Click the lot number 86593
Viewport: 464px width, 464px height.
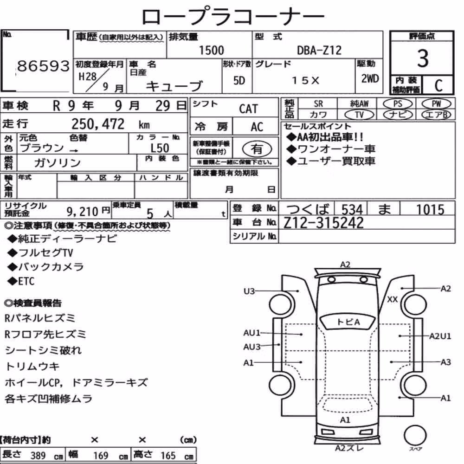[43, 66]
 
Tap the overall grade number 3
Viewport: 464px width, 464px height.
[423, 58]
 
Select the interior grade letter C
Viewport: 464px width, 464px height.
[438, 85]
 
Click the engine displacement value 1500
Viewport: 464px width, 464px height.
[211, 50]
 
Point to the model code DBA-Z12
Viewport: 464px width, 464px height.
[319, 50]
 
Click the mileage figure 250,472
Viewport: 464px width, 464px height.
[98, 124]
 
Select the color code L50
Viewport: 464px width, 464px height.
[160, 148]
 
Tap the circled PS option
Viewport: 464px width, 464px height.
[398, 104]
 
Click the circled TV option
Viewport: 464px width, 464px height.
[359, 115]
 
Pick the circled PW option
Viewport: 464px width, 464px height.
[436, 104]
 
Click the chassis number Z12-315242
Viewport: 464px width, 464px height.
[323, 223]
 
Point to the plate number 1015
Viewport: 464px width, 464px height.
[430, 209]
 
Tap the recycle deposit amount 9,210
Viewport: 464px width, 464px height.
[82, 212]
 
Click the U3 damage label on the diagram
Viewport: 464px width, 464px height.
[249, 291]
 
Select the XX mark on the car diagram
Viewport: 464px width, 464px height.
[393, 299]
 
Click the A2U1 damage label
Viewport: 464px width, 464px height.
[440, 336]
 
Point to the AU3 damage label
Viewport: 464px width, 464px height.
[252, 347]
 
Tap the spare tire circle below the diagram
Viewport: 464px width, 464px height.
[415, 436]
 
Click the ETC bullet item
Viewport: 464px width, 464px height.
[21, 281]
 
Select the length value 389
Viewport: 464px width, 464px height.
[38, 456]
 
